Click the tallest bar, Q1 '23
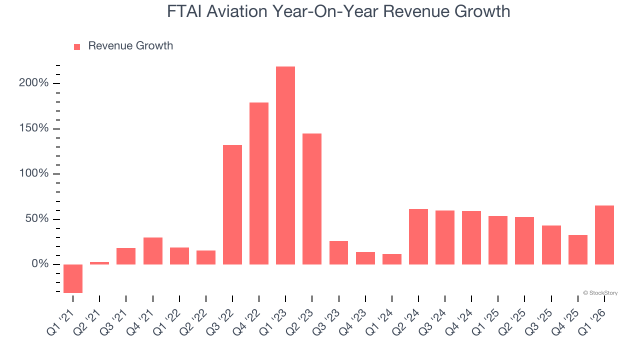pos(285,165)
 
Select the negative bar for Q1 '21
pos(73,278)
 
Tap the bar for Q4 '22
pos(259,183)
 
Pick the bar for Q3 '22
pos(232,204)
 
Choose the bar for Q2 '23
pos(312,199)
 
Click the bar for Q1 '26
pos(604,235)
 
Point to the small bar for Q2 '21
pos(99,263)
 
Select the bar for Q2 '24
pos(418,236)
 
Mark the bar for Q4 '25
pos(578,249)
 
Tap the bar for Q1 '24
pos(392,259)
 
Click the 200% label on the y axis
pos(34,83)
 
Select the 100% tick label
pos(34,173)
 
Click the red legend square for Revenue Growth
pos(77,47)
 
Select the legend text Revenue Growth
pos(130,46)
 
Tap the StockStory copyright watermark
pos(600,293)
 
